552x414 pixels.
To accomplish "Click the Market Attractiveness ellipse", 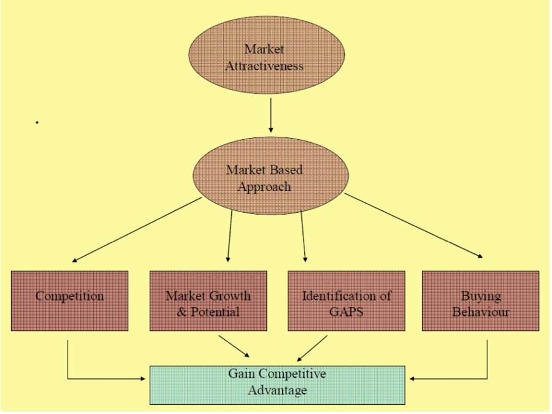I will [x=264, y=57].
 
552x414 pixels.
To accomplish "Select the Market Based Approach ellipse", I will [x=264, y=177].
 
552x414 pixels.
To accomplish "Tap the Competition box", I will [x=69, y=301].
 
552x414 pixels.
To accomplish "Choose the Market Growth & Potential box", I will [x=208, y=301].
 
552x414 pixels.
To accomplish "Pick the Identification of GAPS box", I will [x=346, y=301].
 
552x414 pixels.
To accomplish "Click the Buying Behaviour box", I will [x=481, y=301].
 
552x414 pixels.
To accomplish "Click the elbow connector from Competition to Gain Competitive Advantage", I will [x=67, y=368].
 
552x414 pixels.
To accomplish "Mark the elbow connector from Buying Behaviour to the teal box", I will [x=488, y=368].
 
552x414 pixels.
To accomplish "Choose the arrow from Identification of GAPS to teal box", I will [x=313, y=346].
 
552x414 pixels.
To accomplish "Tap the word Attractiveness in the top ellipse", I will [x=264, y=66].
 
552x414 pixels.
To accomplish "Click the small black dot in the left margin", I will [x=37, y=123].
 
